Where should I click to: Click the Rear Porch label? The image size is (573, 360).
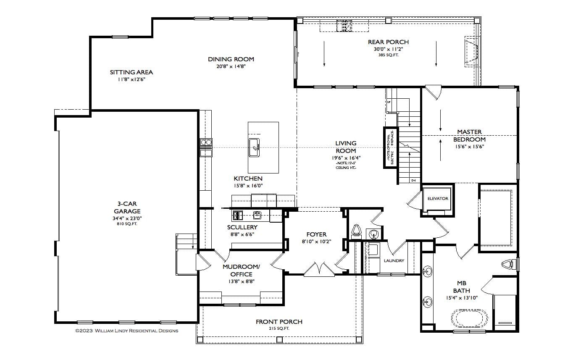[x=388, y=42]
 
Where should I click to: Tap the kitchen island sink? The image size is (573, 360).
[x=255, y=146]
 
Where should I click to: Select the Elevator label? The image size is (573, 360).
[x=438, y=199]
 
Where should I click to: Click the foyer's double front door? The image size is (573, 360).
[x=320, y=269]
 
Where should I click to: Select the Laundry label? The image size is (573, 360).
[x=394, y=261]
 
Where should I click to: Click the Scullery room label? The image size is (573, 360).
[x=242, y=227]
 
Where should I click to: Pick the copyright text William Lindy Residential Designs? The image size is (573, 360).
[x=126, y=331]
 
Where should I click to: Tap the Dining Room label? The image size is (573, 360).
[x=231, y=59]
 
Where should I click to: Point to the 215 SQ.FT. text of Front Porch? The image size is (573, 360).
[x=279, y=328]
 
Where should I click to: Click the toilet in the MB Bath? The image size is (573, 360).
[x=508, y=264]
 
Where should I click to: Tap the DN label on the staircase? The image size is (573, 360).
[x=413, y=181]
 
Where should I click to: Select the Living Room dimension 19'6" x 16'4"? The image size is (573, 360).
[x=346, y=158]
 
